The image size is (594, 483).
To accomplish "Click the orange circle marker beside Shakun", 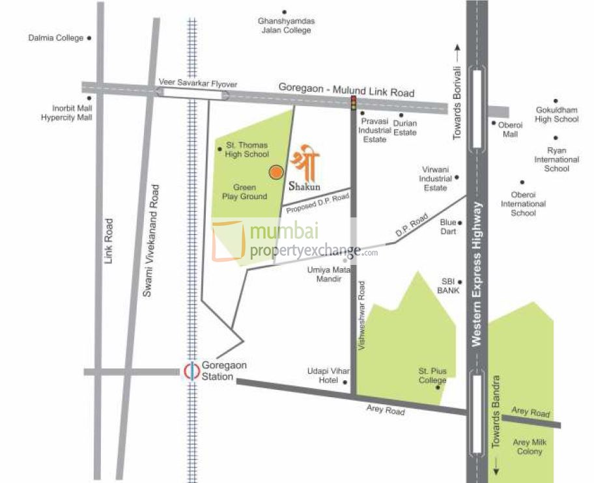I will [x=276, y=172].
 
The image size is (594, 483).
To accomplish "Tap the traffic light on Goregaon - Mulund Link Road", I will [x=354, y=103].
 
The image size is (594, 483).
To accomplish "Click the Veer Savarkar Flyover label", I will [x=198, y=84].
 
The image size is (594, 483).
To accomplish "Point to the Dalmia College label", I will [x=56, y=38].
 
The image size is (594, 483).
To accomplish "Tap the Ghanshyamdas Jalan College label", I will [x=286, y=25].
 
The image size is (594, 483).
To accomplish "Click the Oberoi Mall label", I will [x=510, y=130].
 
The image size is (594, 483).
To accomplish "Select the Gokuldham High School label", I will [x=556, y=115].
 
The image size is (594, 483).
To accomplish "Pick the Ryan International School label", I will [x=556, y=159].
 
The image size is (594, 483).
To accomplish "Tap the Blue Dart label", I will [x=448, y=227].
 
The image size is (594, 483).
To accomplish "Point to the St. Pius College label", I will [x=432, y=376].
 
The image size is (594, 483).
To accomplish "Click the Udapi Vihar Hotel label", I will [x=323, y=376].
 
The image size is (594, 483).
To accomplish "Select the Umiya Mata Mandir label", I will [x=333, y=273].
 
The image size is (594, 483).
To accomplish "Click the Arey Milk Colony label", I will [x=529, y=447].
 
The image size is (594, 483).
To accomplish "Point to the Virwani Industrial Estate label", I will [x=435, y=178].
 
